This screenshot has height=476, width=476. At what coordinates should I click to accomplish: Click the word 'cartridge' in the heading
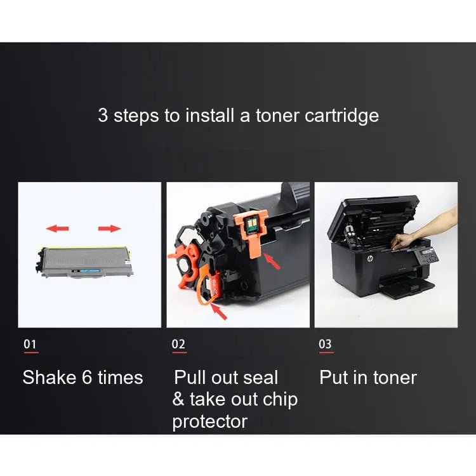[x=341, y=116]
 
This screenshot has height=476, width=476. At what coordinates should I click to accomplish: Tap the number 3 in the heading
[x=103, y=116]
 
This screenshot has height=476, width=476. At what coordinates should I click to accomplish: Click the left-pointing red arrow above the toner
[x=58, y=228]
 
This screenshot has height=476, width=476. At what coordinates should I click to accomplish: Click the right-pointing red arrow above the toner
[x=109, y=228]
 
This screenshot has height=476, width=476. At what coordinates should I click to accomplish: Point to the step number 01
[x=30, y=344]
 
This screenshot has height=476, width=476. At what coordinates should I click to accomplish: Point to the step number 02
[x=179, y=344]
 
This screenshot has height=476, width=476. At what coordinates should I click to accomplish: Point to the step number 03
[x=325, y=344]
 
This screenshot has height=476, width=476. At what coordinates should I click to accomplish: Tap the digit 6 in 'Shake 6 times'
[x=88, y=378]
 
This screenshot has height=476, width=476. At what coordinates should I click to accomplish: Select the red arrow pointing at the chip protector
[x=272, y=260]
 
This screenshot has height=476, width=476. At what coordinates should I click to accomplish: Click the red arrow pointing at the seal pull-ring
[x=219, y=310]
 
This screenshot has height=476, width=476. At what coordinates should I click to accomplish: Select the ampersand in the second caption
[x=178, y=400]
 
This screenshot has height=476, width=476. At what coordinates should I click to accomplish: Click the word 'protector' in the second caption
[x=209, y=421]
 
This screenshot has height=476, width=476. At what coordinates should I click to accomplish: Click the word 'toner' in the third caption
[x=393, y=378]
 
